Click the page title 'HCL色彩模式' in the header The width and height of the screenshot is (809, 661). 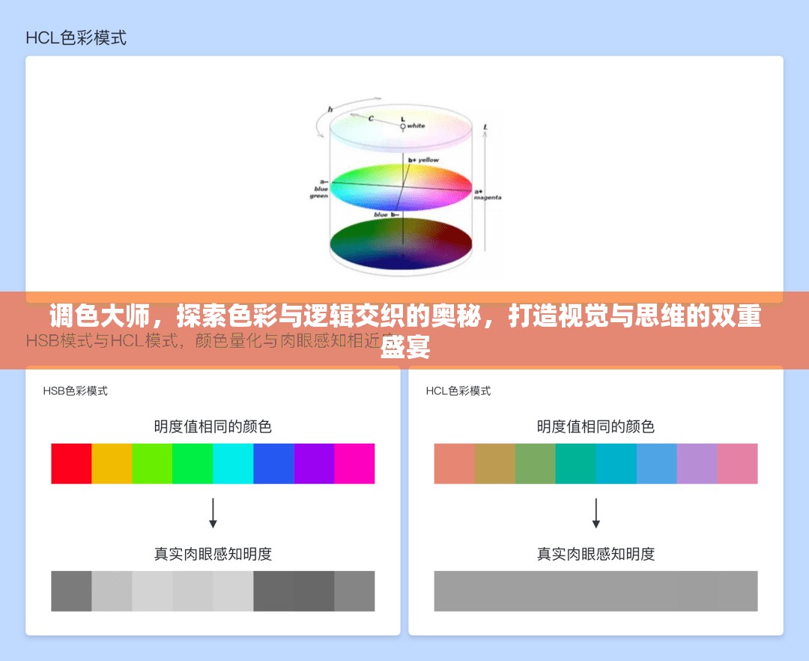76,37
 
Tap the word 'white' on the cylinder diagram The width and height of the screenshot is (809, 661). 416,126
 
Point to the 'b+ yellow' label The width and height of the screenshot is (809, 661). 424,160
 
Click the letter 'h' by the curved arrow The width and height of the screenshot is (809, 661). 330,109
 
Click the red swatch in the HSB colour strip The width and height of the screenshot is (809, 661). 71,463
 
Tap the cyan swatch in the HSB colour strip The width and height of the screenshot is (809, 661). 233,463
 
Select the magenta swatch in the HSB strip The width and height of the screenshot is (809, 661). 354,463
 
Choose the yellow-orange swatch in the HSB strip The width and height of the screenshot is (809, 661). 112,463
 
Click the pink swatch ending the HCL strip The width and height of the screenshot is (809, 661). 737,463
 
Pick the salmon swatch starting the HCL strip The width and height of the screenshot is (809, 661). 454,463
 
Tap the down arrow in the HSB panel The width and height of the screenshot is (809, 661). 213,513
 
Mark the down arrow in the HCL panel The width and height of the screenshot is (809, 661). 596,513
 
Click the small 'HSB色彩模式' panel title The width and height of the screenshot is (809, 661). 75,390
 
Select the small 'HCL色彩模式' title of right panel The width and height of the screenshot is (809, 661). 458,390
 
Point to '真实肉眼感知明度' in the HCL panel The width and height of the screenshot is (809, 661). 596,554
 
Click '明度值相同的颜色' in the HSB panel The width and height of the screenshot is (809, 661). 213,426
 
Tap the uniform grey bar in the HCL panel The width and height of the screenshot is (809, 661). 596,591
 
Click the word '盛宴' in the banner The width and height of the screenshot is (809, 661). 404,348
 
